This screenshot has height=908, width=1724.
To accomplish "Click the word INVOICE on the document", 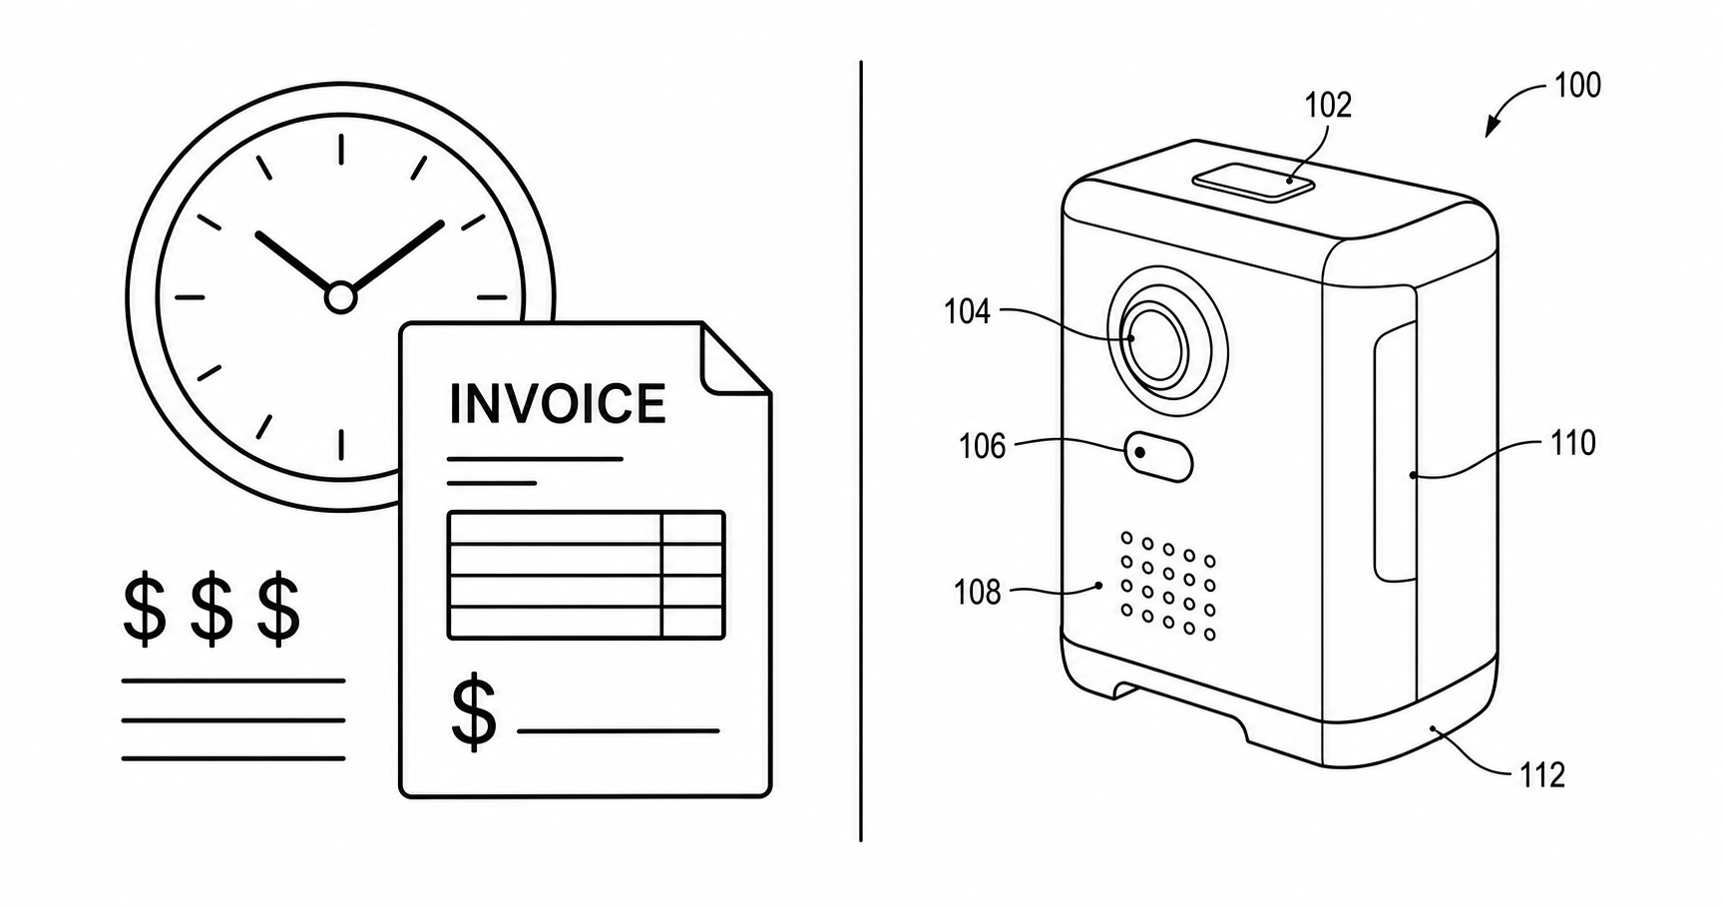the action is pyautogui.click(x=557, y=403).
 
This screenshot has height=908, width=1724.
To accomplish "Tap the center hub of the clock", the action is pyautogui.click(x=340, y=297).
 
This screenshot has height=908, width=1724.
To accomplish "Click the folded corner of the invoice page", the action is pyautogui.click(x=735, y=359).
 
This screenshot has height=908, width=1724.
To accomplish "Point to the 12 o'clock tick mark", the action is pyautogui.click(x=341, y=149).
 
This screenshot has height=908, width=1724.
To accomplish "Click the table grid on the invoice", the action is pyautogui.click(x=586, y=575).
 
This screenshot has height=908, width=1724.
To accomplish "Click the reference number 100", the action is pyautogui.click(x=1576, y=86).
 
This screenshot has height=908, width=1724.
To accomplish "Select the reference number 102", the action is pyautogui.click(x=1328, y=105).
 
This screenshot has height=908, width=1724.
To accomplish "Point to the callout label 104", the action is pyautogui.click(x=967, y=312).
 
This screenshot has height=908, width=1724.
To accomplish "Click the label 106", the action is pyautogui.click(x=982, y=446).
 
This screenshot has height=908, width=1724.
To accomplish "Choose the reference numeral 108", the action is pyautogui.click(x=977, y=593).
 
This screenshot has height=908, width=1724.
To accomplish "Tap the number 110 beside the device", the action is pyautogui.click(x=1572, y=443).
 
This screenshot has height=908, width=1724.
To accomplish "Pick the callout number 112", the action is pyautogui.click(x=1541, y=775).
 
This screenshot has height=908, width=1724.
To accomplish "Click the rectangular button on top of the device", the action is pyautogui.click(x=1252, y=182).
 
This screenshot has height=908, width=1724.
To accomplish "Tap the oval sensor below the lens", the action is pyautogui.click(x=1158, y=457).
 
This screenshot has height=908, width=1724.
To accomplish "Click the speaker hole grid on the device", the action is pyautogui.click(x=1167, y=586).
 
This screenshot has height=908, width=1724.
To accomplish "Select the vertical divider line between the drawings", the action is pyautogui.click(x=861, y=451).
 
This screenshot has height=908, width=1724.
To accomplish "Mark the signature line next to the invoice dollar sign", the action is pyautogui.click(x=619, y=731).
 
